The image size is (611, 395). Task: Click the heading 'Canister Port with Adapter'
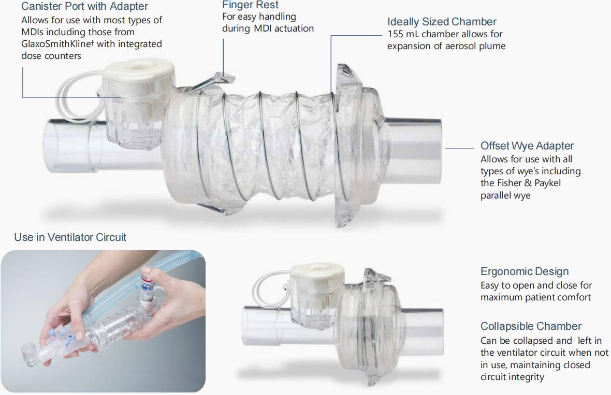coord(84,6)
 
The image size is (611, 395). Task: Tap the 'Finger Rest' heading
coord(250,5)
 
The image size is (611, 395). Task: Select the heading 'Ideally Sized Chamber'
coord(442,22)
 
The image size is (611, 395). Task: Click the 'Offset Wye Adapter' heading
coord(527,146)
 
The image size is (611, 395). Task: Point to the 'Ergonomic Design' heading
coord(525,271)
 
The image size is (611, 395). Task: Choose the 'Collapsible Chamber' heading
coord(531,326)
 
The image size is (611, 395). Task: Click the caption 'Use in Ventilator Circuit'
coord(70,237)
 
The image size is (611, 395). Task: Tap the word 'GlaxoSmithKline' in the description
coord(56,44)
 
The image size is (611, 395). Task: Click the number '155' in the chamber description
coord(396,34)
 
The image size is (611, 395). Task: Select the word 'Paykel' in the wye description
coord(547,183)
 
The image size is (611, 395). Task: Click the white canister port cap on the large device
coord(138,73)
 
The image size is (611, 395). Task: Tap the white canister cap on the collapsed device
coord(318,271)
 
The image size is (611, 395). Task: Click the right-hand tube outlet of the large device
coord(413,150)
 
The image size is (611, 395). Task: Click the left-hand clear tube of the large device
coord(74,146)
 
